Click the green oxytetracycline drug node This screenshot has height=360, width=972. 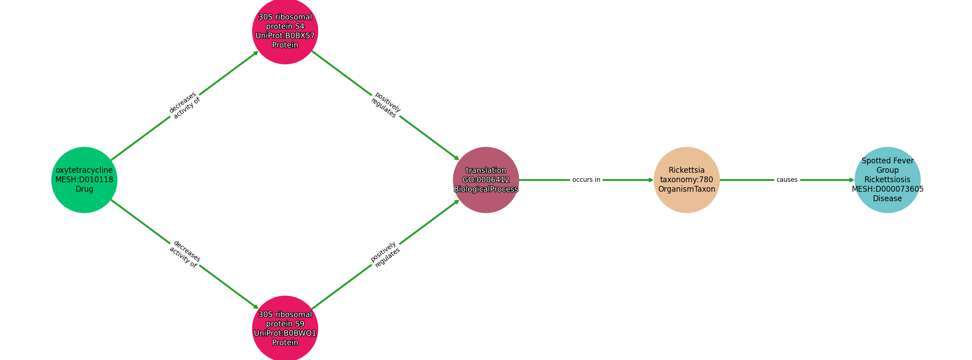[x=84, y=180]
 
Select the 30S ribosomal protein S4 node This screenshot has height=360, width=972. [x=285, y=31]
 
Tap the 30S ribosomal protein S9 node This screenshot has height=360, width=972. [x=285, y=328]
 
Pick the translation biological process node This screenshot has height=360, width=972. [x=486, y=180]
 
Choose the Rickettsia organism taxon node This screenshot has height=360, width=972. [x=687, y=180]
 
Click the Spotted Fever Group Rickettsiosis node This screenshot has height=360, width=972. [x=887, y=180]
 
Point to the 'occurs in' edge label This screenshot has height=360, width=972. [x=586, y=180]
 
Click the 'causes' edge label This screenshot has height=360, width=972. [x=787, y=180]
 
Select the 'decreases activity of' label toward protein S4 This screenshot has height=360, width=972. [x=184, y=105]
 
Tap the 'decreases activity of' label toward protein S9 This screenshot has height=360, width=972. [x=184, y=254]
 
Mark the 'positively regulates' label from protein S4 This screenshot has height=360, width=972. [x=386, y=105]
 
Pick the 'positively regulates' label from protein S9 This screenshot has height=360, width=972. [x=386, y=254]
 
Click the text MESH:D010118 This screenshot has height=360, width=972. [x=84, y=180]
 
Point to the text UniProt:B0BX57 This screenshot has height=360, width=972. [x=285, y=36]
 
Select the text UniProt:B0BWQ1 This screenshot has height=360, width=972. [x=285, y=333]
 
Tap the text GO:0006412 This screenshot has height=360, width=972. [x=486, y=180]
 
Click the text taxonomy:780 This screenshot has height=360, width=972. [x=687, y=180]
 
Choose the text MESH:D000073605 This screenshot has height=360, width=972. [x=887, y=189]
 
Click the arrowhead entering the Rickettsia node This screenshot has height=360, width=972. [x=651, y=180]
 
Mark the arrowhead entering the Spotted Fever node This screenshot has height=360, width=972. [x=851, y=180]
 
